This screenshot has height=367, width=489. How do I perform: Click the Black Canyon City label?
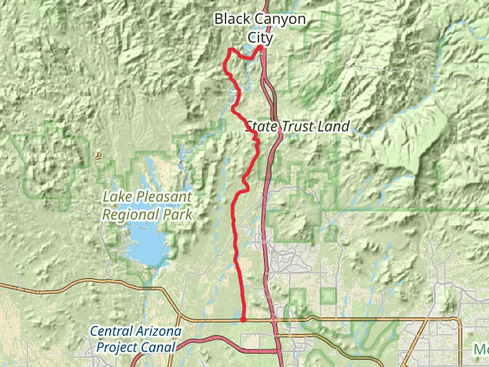pyautogui.click(x=260, y=28)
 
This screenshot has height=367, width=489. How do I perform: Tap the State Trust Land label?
pyautogui.click(x=297, y=127)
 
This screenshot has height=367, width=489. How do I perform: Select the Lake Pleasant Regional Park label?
pyautogui.click(x=147, y=206)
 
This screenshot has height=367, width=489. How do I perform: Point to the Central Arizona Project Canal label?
pyautogui.click(x=136, y=339)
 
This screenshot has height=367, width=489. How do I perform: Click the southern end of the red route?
pyautogui.click(x=243, y=319)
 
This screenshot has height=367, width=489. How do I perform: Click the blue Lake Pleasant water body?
pyautogui.click(x=147, y=245)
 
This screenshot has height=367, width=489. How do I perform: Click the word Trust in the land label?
pyautogui.click(x=298, y=127)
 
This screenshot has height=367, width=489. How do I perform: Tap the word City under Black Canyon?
pyautogui.click(x=260, y=37)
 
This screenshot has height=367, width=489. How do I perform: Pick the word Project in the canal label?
pyautogui.click(x=119, y=347)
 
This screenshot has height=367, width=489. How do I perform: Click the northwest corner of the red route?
pyautogui.click(x=229, y=50)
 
